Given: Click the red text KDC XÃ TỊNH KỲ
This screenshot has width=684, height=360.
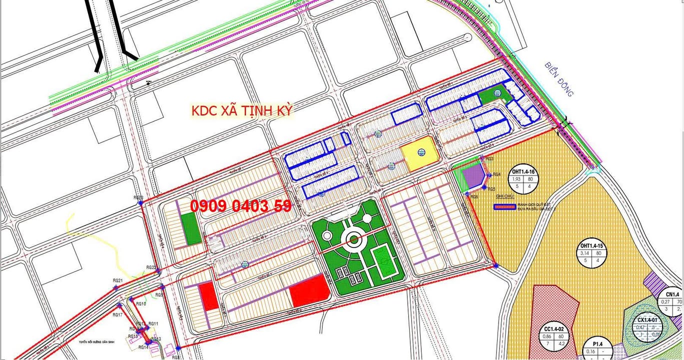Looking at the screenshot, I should pos(242,110).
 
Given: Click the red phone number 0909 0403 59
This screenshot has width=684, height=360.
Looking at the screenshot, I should pos(241,205).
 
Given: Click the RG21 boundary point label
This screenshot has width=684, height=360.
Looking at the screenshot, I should pos(118,281).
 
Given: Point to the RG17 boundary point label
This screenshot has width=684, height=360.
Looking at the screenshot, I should pos(117,314).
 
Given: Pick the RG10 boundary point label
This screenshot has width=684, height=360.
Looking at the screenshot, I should pos(141,303).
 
